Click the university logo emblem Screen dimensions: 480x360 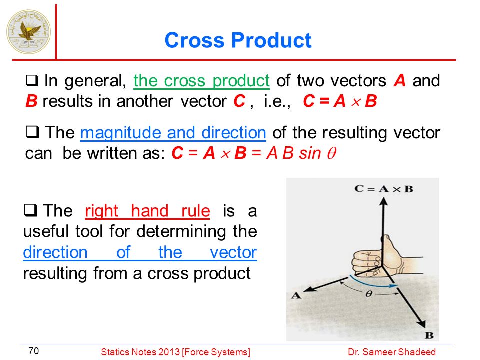click(x=29, y=32)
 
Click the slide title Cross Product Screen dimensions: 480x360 click(x=238, y=40)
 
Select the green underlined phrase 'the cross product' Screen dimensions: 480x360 click(x=201, y=81)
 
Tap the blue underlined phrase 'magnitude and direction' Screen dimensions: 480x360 click(x=173, y=133)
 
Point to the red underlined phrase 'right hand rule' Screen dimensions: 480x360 click(x=147, y=211)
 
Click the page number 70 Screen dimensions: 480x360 click(x=33, y=351)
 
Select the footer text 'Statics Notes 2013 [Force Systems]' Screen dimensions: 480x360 click(x=175, y=352)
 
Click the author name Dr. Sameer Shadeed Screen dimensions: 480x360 click(x=392, y=352)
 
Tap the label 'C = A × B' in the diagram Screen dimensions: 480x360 click(x=384, y=189)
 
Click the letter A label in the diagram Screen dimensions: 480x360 click(x=296, y=295)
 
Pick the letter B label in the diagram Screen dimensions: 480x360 click(x=429, y=335)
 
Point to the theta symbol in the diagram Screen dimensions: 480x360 click(x=369, y=294)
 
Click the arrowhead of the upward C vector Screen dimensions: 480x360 click(x=383, y=201)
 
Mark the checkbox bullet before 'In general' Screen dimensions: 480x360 click(x=32, y=81)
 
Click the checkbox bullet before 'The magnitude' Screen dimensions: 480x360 click(x=32, y=132)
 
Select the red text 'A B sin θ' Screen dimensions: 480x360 click(x=301, y=153)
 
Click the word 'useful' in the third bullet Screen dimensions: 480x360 click(x=46, y=231)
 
